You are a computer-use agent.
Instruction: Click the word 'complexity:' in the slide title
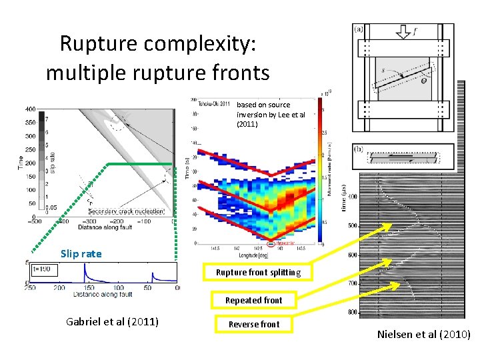tap(206, 44)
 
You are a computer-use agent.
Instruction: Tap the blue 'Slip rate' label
tap(81, 253)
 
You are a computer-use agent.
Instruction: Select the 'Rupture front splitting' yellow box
tap(258, 272)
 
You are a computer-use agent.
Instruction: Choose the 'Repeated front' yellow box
tap(253, 300)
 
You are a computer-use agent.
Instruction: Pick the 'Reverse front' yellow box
tap(254, 324)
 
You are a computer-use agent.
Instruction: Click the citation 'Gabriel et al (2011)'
tap(113, 321)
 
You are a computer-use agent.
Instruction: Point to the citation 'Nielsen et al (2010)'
tap(423, 334)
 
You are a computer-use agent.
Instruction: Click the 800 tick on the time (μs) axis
tap(352, 311)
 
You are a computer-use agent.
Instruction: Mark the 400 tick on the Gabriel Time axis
tap(31, 109)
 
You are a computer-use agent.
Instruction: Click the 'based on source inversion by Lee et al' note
tap(271, 114)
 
